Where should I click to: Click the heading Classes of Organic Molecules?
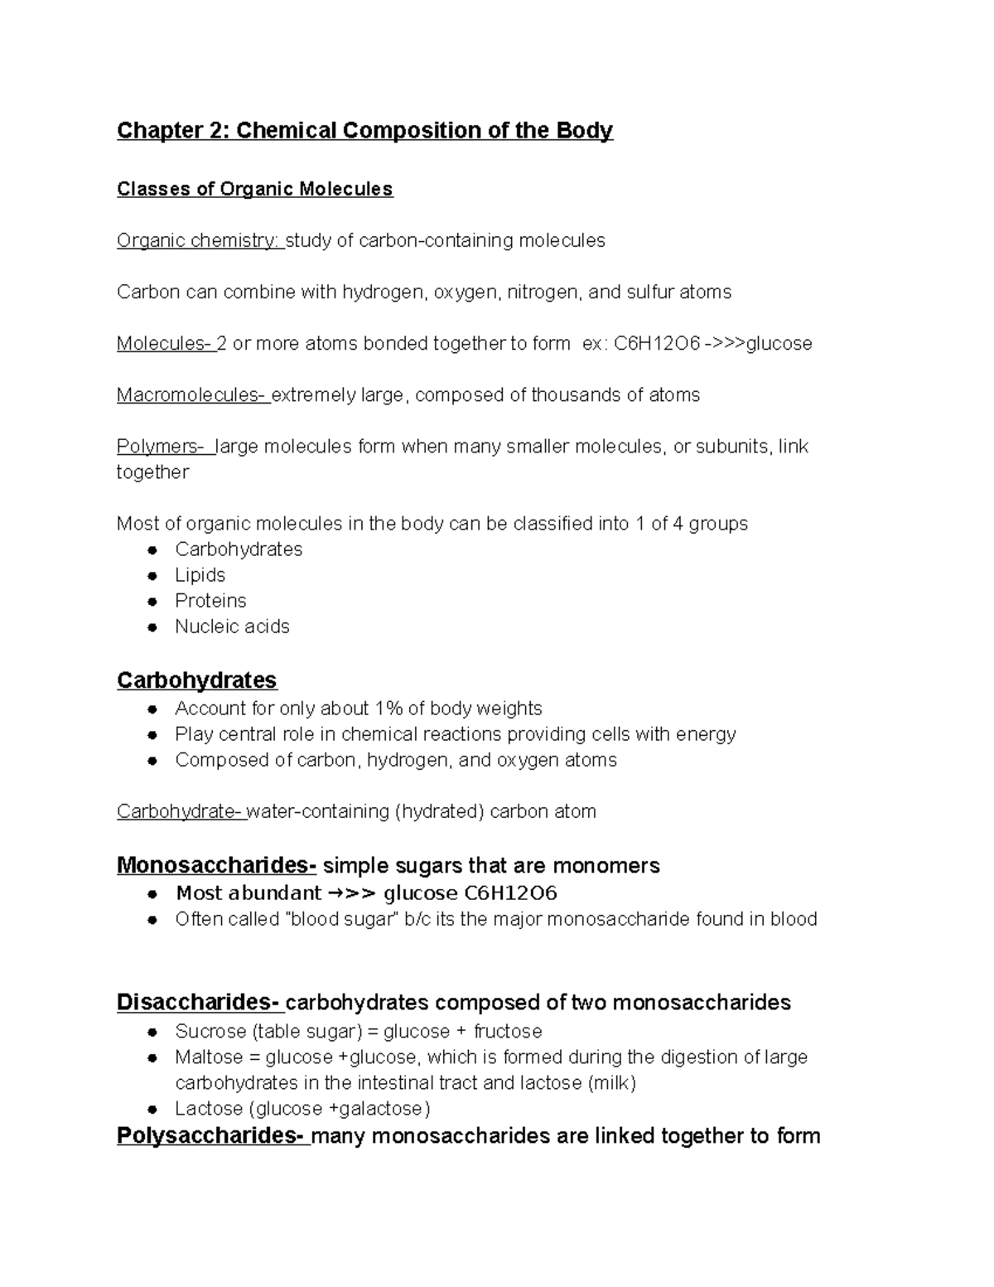pos(254,189)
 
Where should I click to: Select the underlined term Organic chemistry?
pos(199,240)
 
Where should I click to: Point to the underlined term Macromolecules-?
pos(191,394)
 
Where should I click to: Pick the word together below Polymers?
pos(152,472)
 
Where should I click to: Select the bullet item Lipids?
pos(200,575)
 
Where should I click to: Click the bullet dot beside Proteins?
pos(152,602)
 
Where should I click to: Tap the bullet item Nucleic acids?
pos(232,627)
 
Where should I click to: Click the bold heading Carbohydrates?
pos(196,680)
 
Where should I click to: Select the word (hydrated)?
pos(439,811)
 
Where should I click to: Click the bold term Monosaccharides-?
pos(216,865)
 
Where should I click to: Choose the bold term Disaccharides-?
pos(200,1003)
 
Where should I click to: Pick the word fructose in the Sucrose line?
pos(508,1032)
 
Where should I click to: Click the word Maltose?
pos(208,1057)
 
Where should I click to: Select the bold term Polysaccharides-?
pos(213,1135)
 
